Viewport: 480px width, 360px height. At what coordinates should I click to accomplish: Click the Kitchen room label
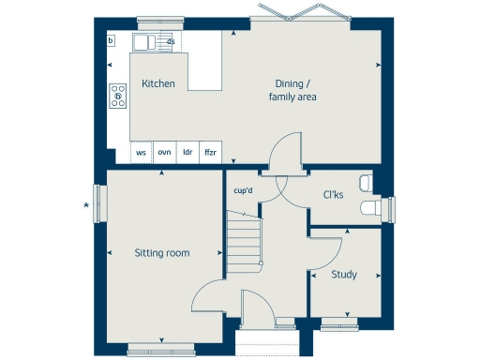coord(157,83)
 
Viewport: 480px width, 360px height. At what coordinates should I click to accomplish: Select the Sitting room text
coord(161,252)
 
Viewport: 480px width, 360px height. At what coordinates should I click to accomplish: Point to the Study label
coord(345,275)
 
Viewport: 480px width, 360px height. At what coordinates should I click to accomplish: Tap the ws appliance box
coord(142,152)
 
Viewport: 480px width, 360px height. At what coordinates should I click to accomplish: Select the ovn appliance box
coord(164,152)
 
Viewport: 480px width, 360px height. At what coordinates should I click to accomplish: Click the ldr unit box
coord(187,152)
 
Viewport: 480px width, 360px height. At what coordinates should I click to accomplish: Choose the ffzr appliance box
coord(211,152)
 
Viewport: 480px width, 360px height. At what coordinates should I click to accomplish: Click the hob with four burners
coord(118,93)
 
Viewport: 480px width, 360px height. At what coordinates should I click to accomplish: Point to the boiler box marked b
coord(111,40)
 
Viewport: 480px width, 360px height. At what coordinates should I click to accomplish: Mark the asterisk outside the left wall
coord(86,204)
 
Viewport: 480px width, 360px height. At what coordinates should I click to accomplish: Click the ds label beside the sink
coord(171,42)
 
